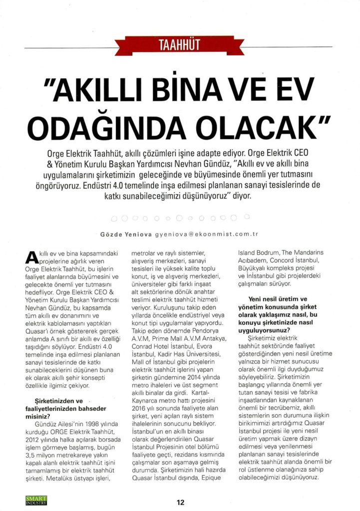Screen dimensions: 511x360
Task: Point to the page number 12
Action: tap(180, 502)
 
